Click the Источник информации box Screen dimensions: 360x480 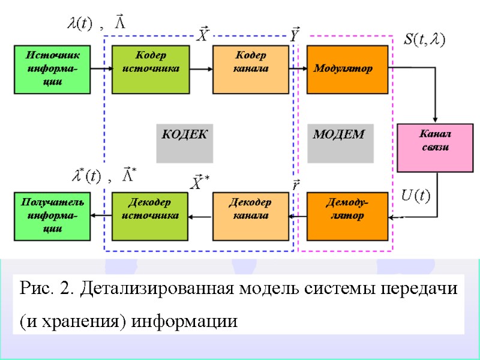coord(53,68)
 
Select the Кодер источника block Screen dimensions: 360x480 coord(151,68)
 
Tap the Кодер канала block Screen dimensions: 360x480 coord(250,68)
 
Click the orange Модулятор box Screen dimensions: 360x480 coord(347,68)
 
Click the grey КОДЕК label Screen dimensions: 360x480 coord(185,136)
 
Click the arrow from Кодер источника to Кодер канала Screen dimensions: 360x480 coord(201,68)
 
